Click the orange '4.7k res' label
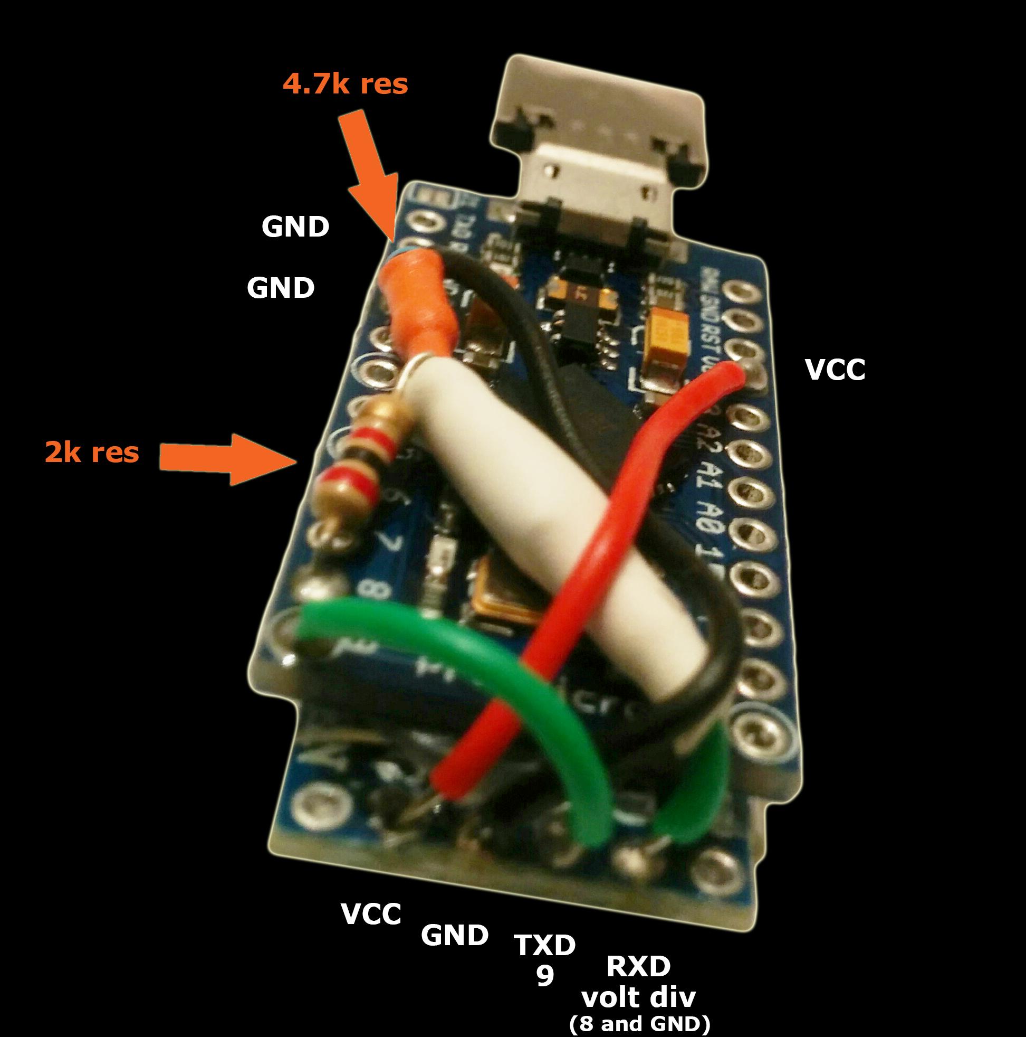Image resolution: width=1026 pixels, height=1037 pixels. tap(345, 84)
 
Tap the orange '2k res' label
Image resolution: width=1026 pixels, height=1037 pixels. tap(92, 452)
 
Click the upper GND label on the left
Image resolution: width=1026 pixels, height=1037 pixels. tap(295, 227)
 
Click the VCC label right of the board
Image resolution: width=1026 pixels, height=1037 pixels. tap(835, 370)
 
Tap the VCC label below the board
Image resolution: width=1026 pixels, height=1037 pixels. tap(371, 913)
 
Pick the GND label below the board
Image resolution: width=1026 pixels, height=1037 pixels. tap(454, 936)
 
